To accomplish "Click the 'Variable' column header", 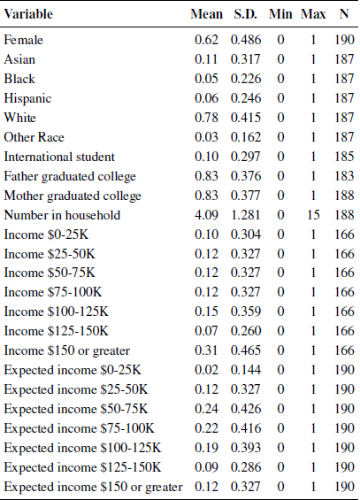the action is (x=28, y=14).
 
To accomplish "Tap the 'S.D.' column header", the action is (x=245, y=14).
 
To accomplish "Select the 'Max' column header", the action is (x=313, y=14).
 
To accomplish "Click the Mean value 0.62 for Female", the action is (x=206, y=40).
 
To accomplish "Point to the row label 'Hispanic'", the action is (x=27, y=98).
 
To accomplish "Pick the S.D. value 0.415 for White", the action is (x=246, y=118).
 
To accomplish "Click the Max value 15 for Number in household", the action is (x=313, y=215).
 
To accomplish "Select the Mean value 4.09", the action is (x=206, y=215).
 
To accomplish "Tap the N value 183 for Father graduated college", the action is (x=344, y=176).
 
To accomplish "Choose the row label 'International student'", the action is (x=59, y=157).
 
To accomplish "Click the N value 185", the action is (x=344, y=157).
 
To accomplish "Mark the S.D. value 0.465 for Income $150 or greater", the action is (x=246, y=350).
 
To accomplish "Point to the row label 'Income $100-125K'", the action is (x=56, y=312).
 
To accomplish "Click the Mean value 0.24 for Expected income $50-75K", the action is (x=206, y=409).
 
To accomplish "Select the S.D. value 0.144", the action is (x=246, y=370).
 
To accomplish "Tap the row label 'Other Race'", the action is (x=34, y=137).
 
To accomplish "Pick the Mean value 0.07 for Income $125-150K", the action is (x=206, y=331).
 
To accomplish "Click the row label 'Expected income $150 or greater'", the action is (x=93, y=487).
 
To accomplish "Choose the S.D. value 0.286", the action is (x=246, y=467).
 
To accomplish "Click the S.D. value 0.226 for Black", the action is (x=246, y=79).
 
